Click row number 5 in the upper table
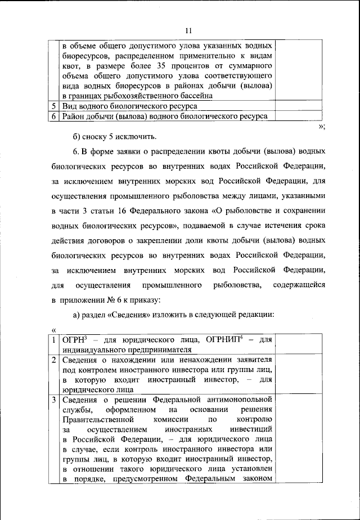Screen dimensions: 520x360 click(x=53, y=106)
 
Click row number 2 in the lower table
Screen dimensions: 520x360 click(x=53, y=360)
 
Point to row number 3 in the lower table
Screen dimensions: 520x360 click(x=53, y=400)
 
